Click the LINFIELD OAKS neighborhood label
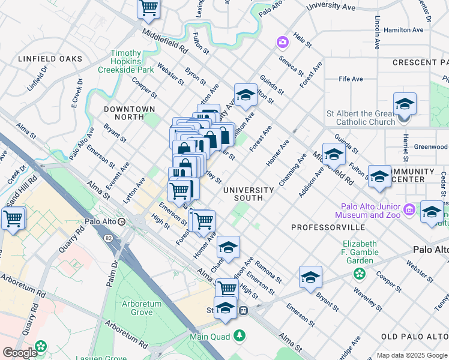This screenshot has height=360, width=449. tap(50, 59)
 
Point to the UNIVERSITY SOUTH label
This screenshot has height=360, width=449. tap(249, 194)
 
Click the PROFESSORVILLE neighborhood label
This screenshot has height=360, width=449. tap(328, 227)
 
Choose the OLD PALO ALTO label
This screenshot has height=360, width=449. tap(414, 336)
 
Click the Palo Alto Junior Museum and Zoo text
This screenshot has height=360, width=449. tap(369, 211)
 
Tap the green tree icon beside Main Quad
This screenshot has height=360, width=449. tap(240, 336)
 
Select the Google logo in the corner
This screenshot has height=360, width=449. tap(20, 353)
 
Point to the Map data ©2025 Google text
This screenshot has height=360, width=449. tap(412, 355)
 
